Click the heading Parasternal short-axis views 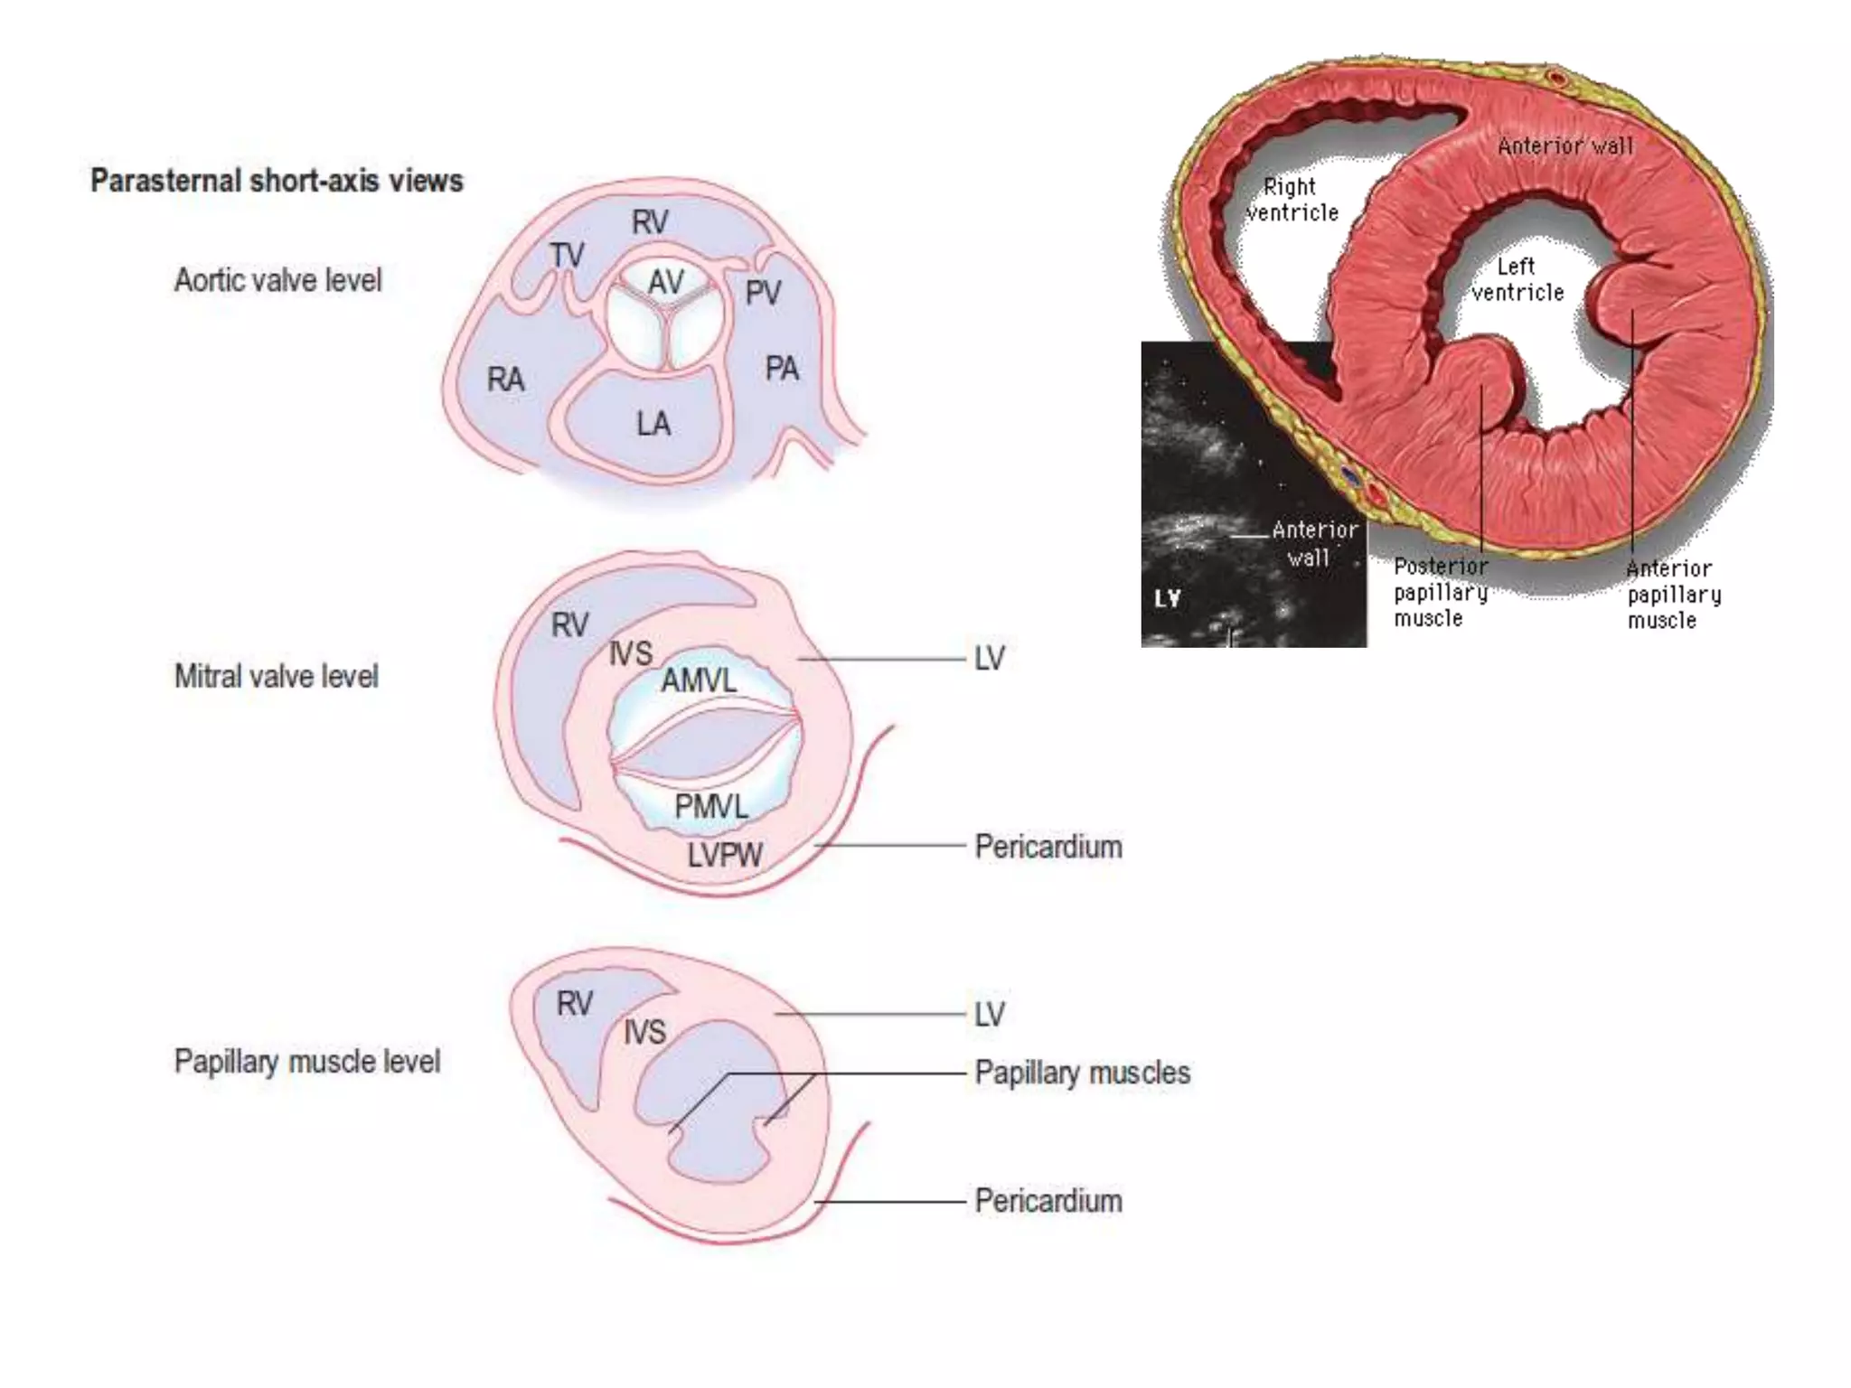click(x=277, y=181)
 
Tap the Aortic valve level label click(x=277, y=280)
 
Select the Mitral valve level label click(x=276, y=676)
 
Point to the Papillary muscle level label click(x=306, y=1061)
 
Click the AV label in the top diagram click(x=666, y=282)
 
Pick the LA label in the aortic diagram click(x=653, y=424)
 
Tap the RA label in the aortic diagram click(x=505, y=380)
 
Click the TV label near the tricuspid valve click(x=567, y=256)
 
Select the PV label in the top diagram click(x=763, y=293)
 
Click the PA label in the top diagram click(x=782, y=369)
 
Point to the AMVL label click(x=698, y=680)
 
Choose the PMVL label click(x=711, y=806)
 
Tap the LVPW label click(x=724, y=855)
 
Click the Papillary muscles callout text click(x=1082, y=1073)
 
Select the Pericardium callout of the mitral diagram click(x=1048, y=847)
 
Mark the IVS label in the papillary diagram click(x=644, y=1032)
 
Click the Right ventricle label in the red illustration click(x=1292, y=200)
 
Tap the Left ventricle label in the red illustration click(x=1517, y=279)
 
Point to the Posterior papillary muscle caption click(x=1440, y=592)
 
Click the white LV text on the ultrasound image click(x=1168, y=598)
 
